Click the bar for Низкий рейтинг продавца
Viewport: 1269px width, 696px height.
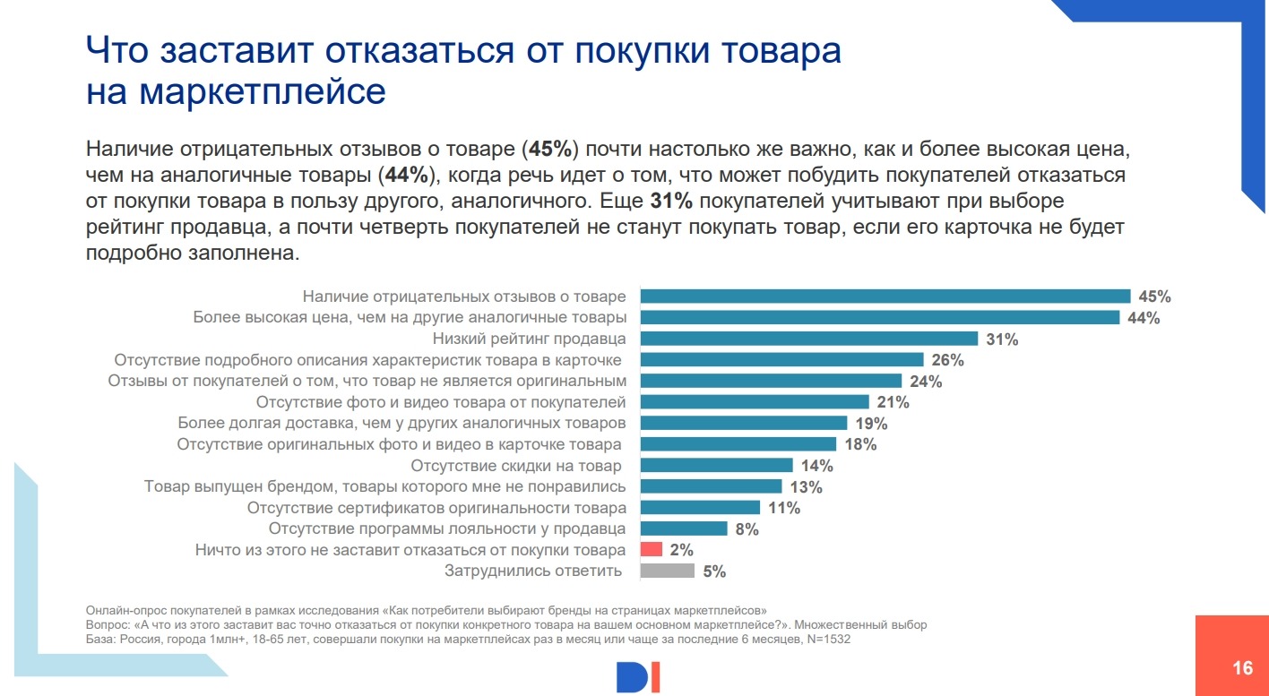[x=808, y=339]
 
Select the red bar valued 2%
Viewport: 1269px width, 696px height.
[x=652, y=549]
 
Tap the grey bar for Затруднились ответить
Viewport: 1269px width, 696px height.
[x=667, y=571]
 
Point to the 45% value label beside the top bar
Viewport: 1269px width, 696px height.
[x=1154, y=296]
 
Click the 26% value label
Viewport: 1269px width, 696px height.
[x=947, y=360]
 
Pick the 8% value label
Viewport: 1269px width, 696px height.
[x=747, y=528]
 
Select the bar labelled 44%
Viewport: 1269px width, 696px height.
[x=879, y=317]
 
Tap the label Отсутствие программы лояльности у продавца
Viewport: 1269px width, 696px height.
[x=447, y=528]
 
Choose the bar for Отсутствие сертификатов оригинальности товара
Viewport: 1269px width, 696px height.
[x=700, y=508]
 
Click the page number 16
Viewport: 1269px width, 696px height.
[x=1242, y=668]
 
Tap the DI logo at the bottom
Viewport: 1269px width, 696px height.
[x=638, y=677]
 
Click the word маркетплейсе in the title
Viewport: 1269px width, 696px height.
[x=236, y=91]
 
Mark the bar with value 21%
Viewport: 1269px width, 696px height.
[x=755, y=402]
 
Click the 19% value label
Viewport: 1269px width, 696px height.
[x=871, y=424]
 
